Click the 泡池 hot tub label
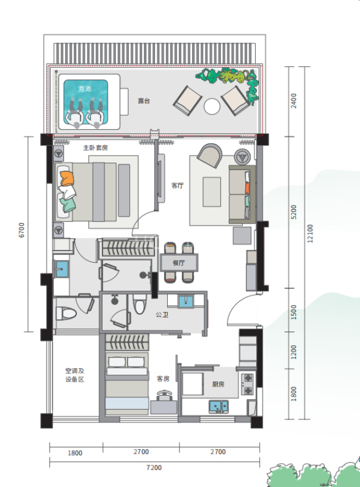point(84,89)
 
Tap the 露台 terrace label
point(144,101)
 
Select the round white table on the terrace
point(212,106)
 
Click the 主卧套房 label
point(96,148)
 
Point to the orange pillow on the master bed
point(67,179)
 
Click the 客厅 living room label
point(177,185)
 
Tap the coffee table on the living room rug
point(212,192)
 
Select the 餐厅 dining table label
point(179,263)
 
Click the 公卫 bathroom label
point(162,315)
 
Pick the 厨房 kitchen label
point(218,384)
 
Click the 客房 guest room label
point(163,379)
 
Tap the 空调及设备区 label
point(75,375)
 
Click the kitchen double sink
point(218,406)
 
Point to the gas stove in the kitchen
point(248,384)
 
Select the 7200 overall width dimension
point(154,467)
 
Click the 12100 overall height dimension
point(310,234)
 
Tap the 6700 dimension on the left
point(22,230)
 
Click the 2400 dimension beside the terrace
point(294,101)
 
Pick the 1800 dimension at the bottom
point(75,453)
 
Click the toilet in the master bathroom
point(66,313)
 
